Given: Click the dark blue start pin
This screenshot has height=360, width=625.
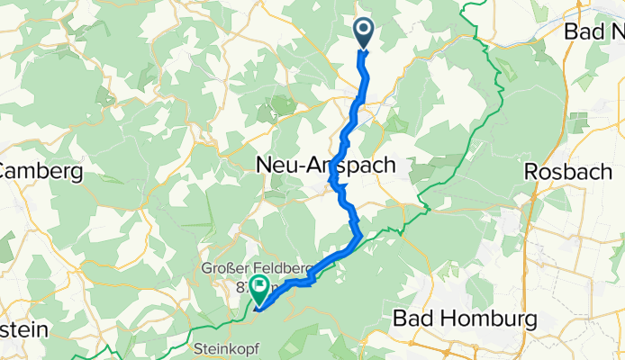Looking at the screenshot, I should click(364, 33).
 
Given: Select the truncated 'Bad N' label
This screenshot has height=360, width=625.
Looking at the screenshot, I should click(594, 31).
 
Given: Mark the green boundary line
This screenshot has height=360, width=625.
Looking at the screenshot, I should click(491, 90).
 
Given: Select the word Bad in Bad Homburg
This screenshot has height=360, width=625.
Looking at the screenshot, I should click(413, 319).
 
